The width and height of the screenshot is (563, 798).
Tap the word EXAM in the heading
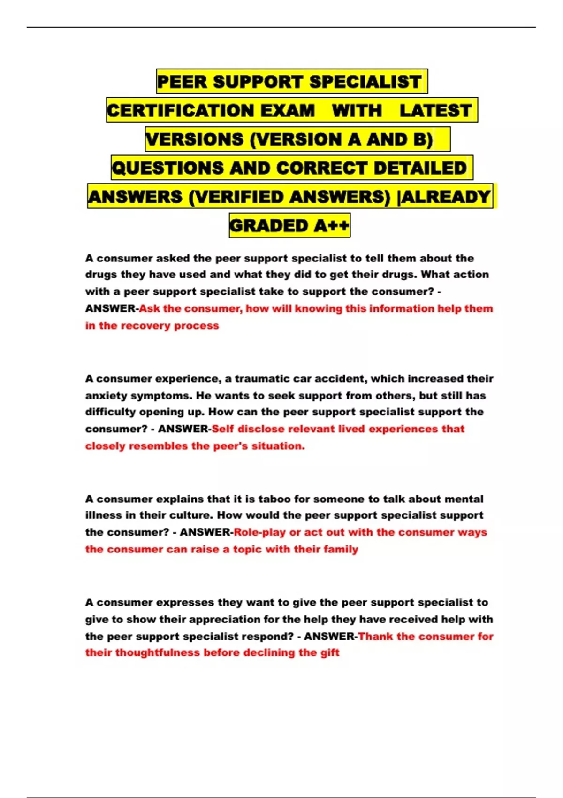(x=288, y=111)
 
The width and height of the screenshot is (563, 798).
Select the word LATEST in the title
(x=435, y=111)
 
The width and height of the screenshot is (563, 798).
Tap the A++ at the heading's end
(x=332, y=226)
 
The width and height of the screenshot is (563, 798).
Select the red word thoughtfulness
(x=158, y=652)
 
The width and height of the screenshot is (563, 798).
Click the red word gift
(x=330, y=652)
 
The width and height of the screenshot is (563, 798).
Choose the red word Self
(x=223, y=429)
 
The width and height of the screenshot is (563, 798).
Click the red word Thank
(x=375, y=637)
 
